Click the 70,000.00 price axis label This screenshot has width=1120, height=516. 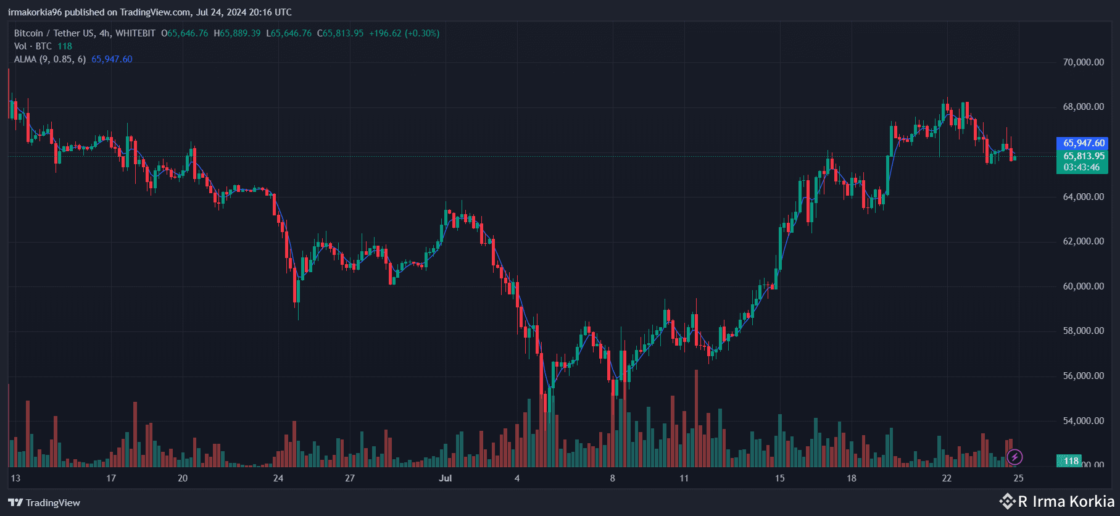coord(1083,62)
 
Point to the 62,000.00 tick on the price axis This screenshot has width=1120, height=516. coord(1083,241)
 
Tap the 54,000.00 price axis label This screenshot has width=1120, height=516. coord(1083,421)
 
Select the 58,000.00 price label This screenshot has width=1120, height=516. coord(1083,331)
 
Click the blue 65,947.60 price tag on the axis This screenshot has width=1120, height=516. coord(1083,143)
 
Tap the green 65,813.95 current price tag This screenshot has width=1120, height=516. coord(1083,156)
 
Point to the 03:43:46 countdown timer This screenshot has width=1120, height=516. coord(1081,167)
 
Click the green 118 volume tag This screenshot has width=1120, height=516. coord(1071,461)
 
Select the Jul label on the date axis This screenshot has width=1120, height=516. coord(445,478)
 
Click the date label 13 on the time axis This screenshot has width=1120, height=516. coord(15,478)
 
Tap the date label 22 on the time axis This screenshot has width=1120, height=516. coord(947,478)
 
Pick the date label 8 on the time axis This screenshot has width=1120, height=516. coord(612,478)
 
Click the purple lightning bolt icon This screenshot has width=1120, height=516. coord(1014,457)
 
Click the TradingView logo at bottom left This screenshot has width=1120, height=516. coord(44,502)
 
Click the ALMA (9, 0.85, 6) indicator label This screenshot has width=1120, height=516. coord(50,59)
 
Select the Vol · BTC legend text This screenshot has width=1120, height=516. coord(33,46)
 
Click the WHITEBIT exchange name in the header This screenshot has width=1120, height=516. coord(135,33)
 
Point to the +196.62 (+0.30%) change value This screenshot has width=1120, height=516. coord(404,33)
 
